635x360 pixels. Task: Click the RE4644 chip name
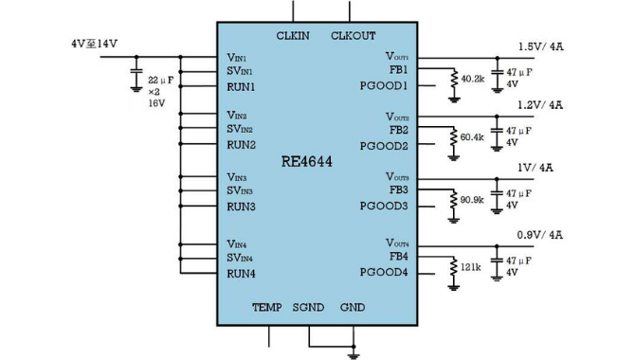click(306, 162)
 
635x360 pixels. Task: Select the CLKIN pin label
click(293, 36)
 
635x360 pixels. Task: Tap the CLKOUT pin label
click(354, 36)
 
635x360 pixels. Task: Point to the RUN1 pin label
click(241, 87)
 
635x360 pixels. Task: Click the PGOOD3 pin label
click(384, 207)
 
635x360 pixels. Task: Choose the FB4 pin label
click(399, 257)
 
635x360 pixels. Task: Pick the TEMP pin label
click(267, 307)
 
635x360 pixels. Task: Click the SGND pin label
click(308, 307)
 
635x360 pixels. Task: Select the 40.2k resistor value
click(473, 79)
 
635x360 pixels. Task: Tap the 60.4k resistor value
click(472, 137)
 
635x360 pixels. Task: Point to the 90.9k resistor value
click(472, 200)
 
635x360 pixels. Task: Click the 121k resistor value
click(471, 267)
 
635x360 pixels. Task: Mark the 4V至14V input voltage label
click(95, 44)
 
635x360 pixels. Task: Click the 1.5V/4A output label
click(540, 46)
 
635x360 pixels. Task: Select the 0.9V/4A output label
click(540, 235)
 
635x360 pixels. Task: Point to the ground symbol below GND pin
click(354, 356)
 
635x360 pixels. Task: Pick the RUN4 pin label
click(241, 274)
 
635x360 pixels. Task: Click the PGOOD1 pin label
click(384, 86)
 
